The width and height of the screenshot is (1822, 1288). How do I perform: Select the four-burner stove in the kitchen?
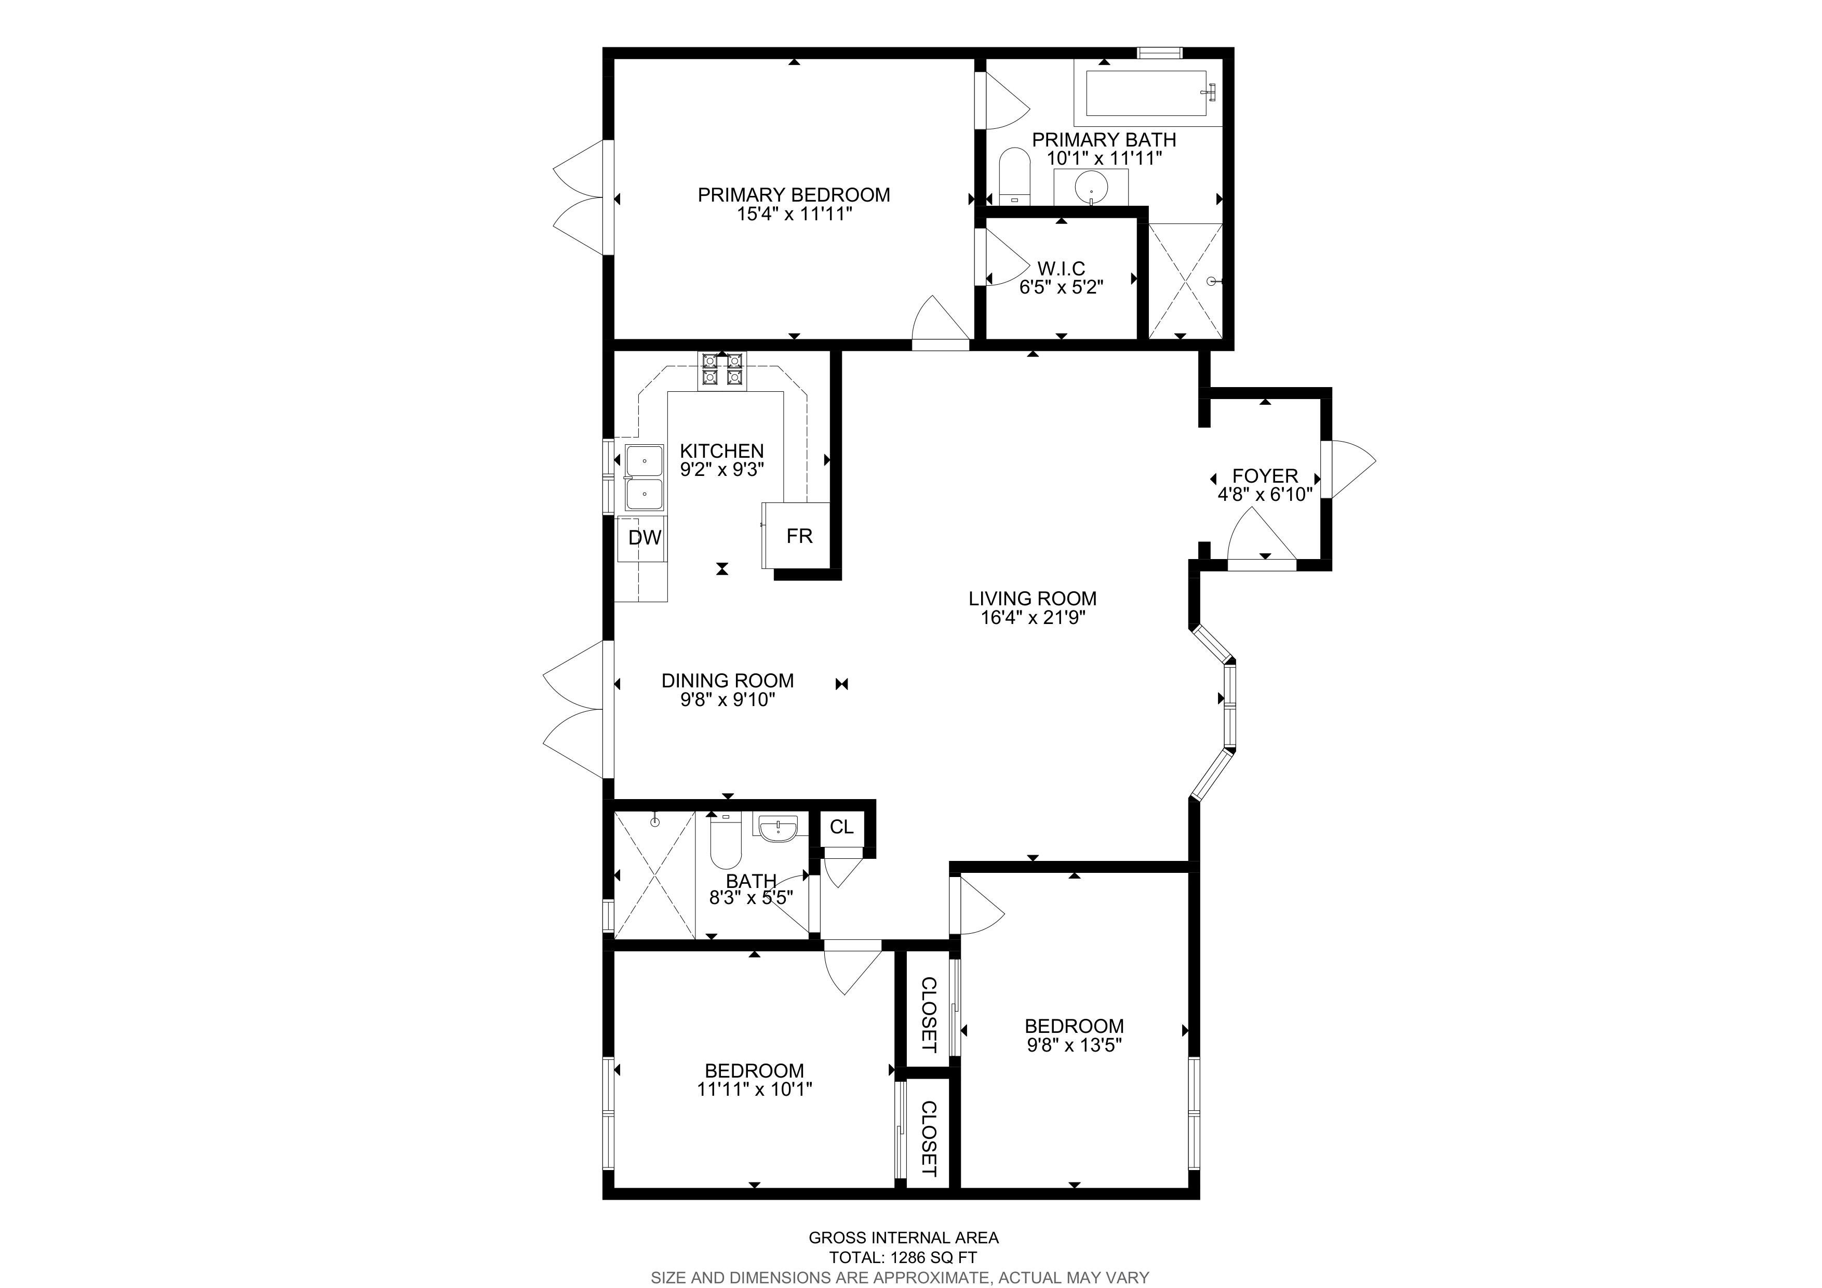(x=721, y=370)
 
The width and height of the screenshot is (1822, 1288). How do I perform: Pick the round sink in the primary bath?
(x=1091, y=188)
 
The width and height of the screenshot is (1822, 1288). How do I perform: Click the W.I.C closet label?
(x=1061, y=268)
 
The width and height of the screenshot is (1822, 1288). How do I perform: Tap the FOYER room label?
(x=1265, y=476)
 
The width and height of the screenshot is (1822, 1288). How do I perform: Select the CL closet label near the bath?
(x=841, y=827)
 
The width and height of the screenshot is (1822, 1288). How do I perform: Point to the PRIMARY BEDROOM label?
(x=794, y=194)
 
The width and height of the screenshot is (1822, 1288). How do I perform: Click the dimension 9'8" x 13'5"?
(x=1074, y=1045)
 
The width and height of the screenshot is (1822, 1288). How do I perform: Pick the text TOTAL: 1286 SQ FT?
(x=903, y=1257)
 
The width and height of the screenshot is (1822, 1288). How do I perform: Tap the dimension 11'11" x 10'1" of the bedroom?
(x=755, y=1090)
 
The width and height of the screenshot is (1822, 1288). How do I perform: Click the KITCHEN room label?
(x=721, y=451)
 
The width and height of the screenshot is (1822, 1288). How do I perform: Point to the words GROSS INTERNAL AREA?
(x=903, y=1237)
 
